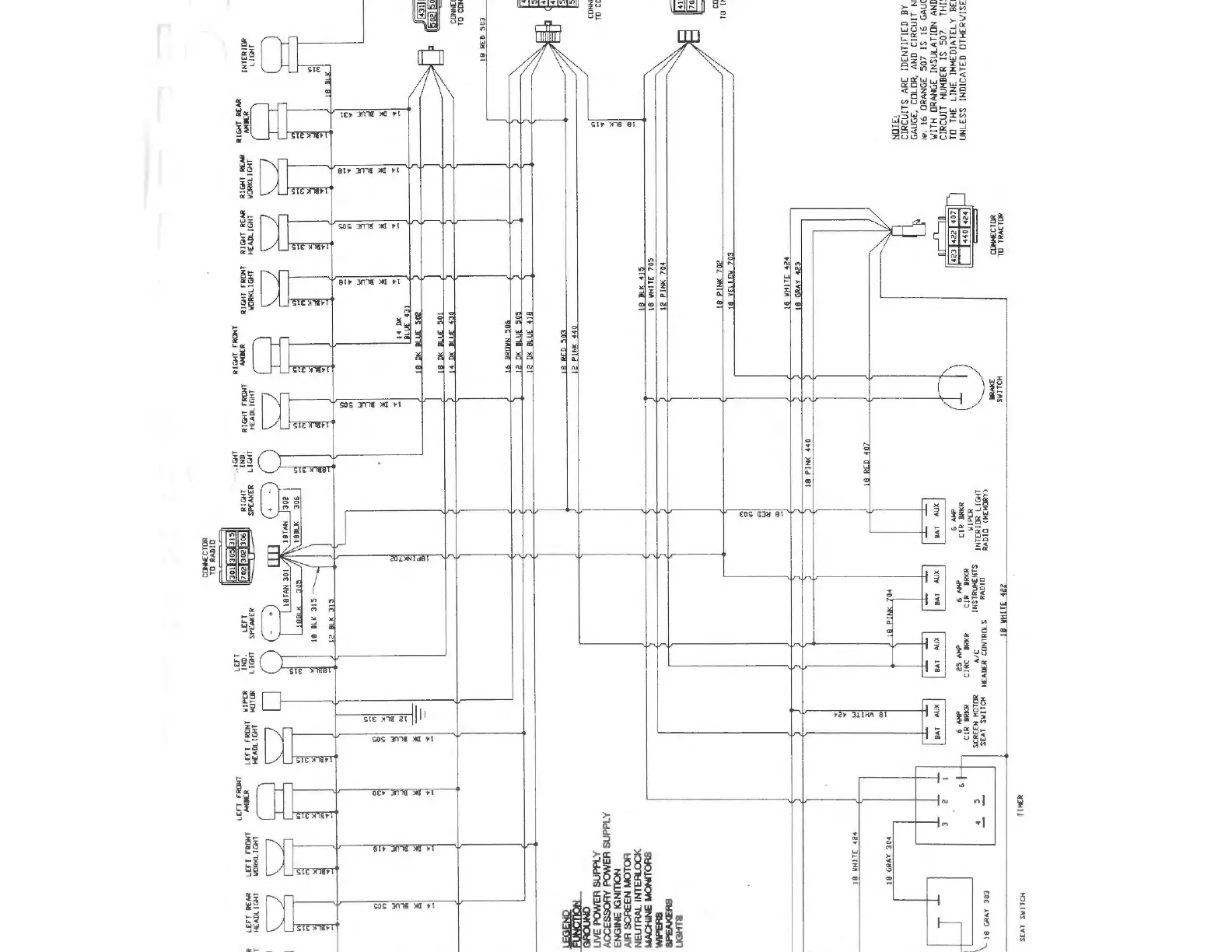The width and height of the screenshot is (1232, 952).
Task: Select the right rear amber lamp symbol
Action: click(272, 121)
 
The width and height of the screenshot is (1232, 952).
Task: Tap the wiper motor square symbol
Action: click(271, 701)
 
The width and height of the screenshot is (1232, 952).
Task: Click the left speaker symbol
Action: click(271, 622)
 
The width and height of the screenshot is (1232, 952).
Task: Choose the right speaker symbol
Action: click(271, 501)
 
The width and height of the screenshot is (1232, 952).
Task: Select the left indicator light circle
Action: click(271, 663)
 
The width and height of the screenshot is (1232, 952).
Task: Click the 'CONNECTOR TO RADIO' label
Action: click(209, 557)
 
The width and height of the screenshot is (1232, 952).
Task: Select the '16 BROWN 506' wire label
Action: click(508, 347)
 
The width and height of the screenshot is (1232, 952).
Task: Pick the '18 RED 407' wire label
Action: click(866, 464)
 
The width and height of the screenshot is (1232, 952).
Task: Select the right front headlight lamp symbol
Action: click(272, 411)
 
